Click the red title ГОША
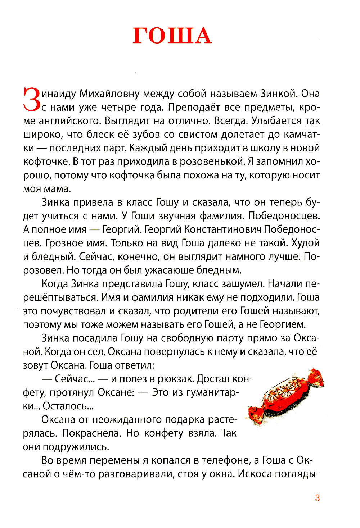pyautogui.click(x=172, y=36)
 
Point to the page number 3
pyautogui.click(x=317, y=498)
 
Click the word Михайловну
pyautogui.click(x=109, y=94)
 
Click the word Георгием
pyautogui.click(x=283, y=324)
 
